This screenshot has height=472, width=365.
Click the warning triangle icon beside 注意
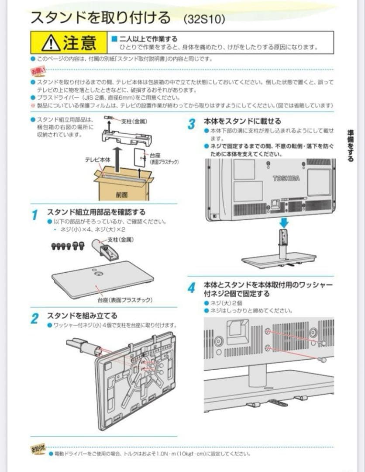(50, 43)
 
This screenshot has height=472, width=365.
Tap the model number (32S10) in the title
(204, 19)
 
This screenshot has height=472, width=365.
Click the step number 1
(35, 215)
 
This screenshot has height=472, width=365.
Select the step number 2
(35, 319)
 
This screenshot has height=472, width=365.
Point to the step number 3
(191, 124)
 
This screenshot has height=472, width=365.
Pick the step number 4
(191, 288)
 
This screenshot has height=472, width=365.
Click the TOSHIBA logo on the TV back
(286, 178)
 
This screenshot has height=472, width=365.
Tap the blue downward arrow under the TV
(284, 222)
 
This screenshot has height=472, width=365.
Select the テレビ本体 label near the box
(98, 160)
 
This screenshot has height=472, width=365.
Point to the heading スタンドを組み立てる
(82, 316)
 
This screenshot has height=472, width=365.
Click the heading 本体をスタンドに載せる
(242, 121)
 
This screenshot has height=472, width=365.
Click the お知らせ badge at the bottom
(38, 449)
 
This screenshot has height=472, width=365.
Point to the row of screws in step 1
(68, 246)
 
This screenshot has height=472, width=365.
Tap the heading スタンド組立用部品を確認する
(96, 212)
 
